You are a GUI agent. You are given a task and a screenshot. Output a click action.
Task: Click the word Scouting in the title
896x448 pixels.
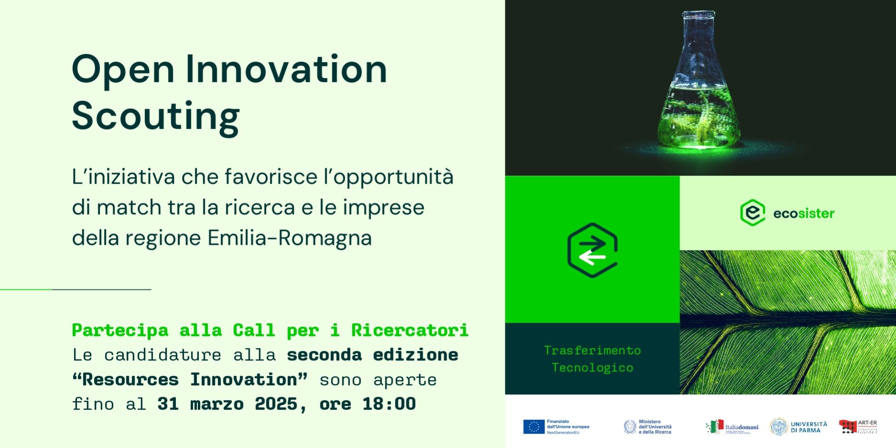coord(155,116)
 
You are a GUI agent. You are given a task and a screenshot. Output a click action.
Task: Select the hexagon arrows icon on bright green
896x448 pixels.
coord(592,250)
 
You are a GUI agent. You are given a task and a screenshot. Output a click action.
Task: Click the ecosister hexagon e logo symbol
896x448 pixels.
coord(753,213)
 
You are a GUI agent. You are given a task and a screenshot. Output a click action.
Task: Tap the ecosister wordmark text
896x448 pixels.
coord(804,213)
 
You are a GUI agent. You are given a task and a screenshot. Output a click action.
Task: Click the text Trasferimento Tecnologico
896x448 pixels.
coord(592,359)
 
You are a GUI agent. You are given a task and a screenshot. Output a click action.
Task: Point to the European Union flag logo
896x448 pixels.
coord(534,426)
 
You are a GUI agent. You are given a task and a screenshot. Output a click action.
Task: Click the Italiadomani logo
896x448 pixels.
coord(732,426)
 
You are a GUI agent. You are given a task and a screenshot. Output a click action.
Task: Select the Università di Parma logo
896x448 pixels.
coord(798,426)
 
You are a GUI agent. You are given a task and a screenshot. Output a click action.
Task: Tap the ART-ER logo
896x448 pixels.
coord(858,426)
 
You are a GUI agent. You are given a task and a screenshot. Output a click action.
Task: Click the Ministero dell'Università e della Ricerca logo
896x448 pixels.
coord(647,426)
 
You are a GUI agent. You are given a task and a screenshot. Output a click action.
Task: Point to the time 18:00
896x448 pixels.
coord(389,404)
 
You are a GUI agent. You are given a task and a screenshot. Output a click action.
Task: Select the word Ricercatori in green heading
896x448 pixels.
coord(409,330)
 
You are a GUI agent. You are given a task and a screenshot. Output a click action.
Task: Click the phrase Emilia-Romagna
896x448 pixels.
coord(289,238)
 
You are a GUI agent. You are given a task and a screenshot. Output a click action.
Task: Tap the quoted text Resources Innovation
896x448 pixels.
coord(190,380)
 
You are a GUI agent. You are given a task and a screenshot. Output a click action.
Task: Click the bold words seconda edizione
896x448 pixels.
coord(372,355)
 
